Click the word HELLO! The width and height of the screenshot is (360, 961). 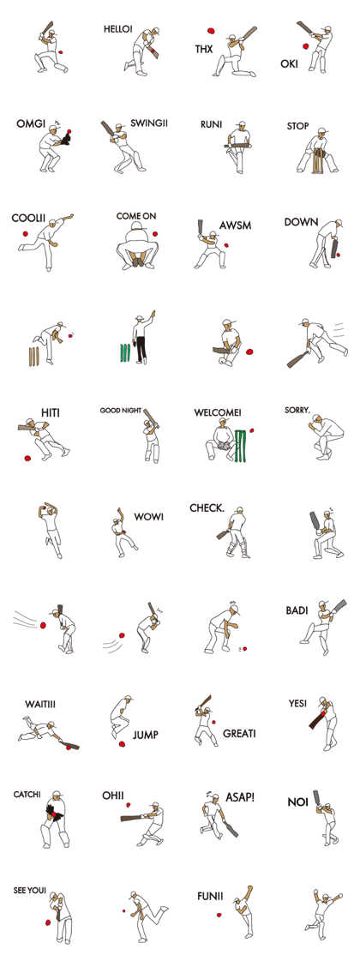pos(117,29)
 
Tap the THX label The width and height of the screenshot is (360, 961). pos(203,50)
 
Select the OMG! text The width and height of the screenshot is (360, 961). pos(30,124)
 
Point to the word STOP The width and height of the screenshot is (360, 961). pos(297,126)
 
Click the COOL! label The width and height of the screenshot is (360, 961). pos(27,219)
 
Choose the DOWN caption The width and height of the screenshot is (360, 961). pos(301,222)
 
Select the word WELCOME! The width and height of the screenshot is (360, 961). pos(217,412)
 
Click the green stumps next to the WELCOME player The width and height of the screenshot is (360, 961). pos(243,445)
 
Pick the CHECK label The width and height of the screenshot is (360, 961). pos(206,508)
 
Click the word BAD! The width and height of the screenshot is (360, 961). pos(297,610)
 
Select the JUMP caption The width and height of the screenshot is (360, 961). pos(145,735)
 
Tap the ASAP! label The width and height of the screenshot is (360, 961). pos(239,796)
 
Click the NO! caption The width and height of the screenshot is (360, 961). pos(297,802)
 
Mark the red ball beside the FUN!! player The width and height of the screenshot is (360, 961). pos(219,915)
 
